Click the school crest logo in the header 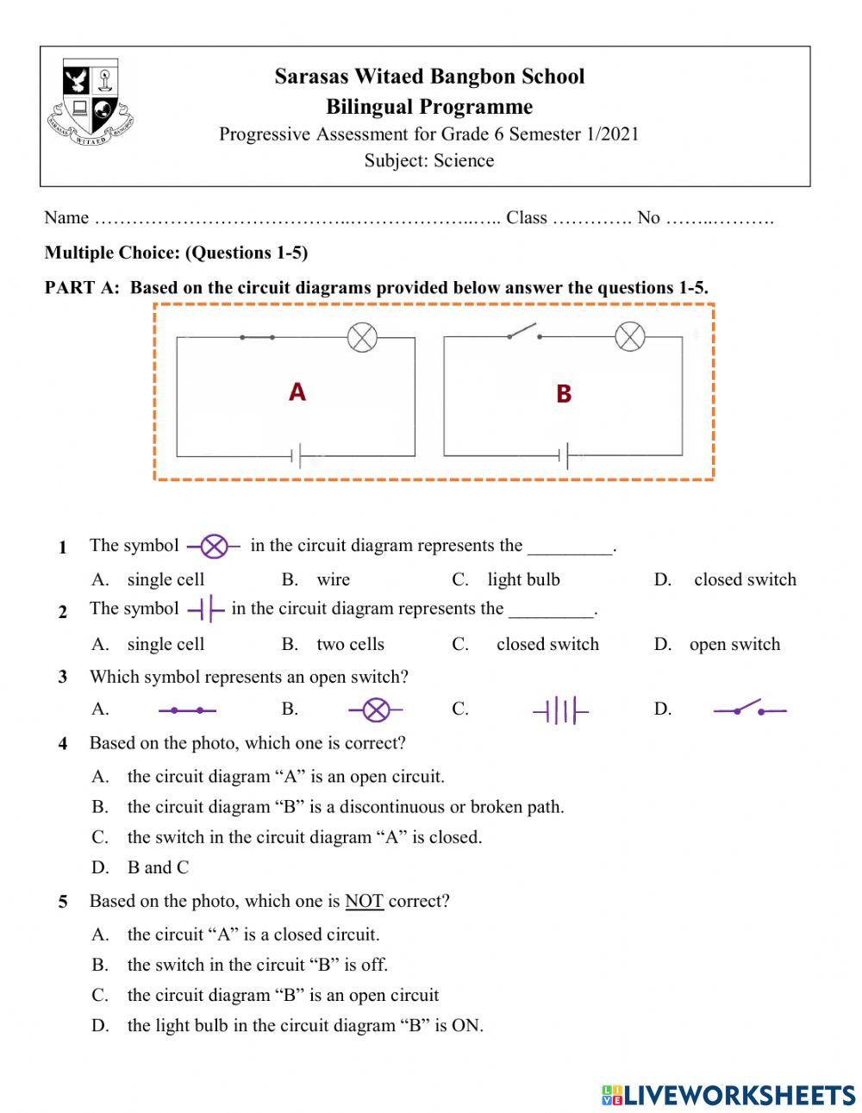(x=91, y=102)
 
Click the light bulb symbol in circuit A (x=362, y=336)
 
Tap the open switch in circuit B (x=522, y=332)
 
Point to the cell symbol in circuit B (x=565, y=455)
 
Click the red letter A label (x=297, y=392)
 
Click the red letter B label (x=564, y=394)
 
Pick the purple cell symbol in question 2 (x=205, y=610)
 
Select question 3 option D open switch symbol (x=749, y=710)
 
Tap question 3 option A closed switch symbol (x=187, y=710)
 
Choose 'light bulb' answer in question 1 (x=523, y=579)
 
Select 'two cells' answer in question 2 (x=350, y=644)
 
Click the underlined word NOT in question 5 (x=364, y=901)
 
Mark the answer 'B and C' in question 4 (x=158, y=867)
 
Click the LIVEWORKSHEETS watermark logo (x=728, y=1095)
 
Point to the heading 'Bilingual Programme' (x=429, y=107)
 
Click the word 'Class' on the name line (x=526, y=217)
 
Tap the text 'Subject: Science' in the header (x=428, y=160)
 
